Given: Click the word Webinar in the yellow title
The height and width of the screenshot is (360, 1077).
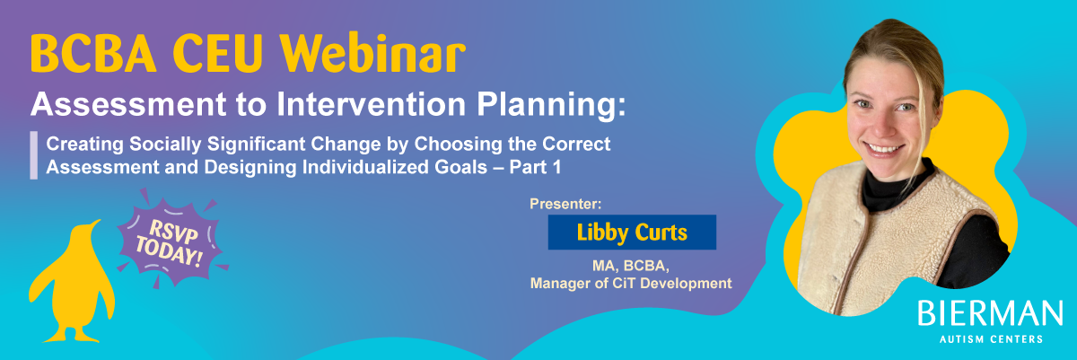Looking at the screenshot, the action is coord(373,53).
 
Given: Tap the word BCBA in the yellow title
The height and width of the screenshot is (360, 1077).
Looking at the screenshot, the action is coord(93,53).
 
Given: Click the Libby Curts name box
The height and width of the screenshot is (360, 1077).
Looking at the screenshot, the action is coord(632,233).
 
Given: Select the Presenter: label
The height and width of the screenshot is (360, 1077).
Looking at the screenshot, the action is coord(565,204).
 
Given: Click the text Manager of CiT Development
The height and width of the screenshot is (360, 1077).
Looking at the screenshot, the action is coord(631,283).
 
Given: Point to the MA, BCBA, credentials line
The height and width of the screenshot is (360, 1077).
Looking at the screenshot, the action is coord(630,266).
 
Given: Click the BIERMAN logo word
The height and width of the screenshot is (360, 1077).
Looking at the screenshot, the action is coord(990,313).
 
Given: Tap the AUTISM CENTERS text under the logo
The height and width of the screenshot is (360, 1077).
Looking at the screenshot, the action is coord(991,339).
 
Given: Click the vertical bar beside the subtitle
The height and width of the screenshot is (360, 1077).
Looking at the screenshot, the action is coord(34,155).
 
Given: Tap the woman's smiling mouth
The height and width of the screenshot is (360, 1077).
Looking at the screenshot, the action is coord(883,149).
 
